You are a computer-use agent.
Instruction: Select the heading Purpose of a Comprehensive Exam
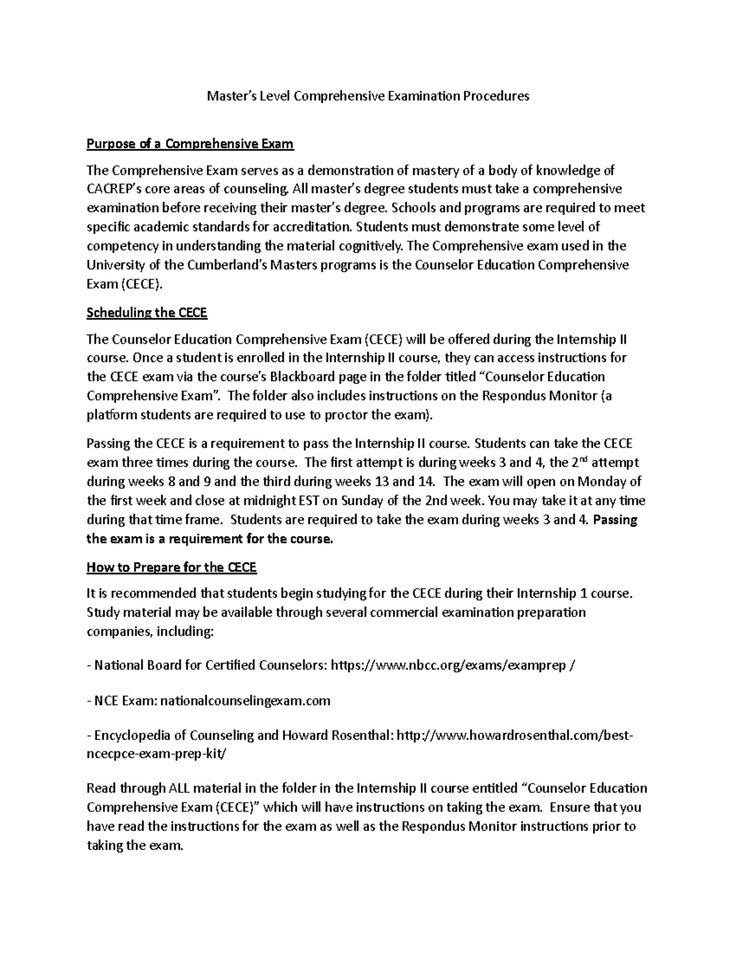[x=190, y=144]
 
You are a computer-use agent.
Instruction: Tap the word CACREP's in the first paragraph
[x=114, y=188]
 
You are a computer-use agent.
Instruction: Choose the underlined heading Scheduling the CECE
[x=147, y=313]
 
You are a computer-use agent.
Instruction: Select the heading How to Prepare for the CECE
[x=172, y=568]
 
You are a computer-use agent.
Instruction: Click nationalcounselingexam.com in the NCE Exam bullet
[x=245, y=701]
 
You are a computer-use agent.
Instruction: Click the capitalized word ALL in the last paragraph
[x=181, y=789]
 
